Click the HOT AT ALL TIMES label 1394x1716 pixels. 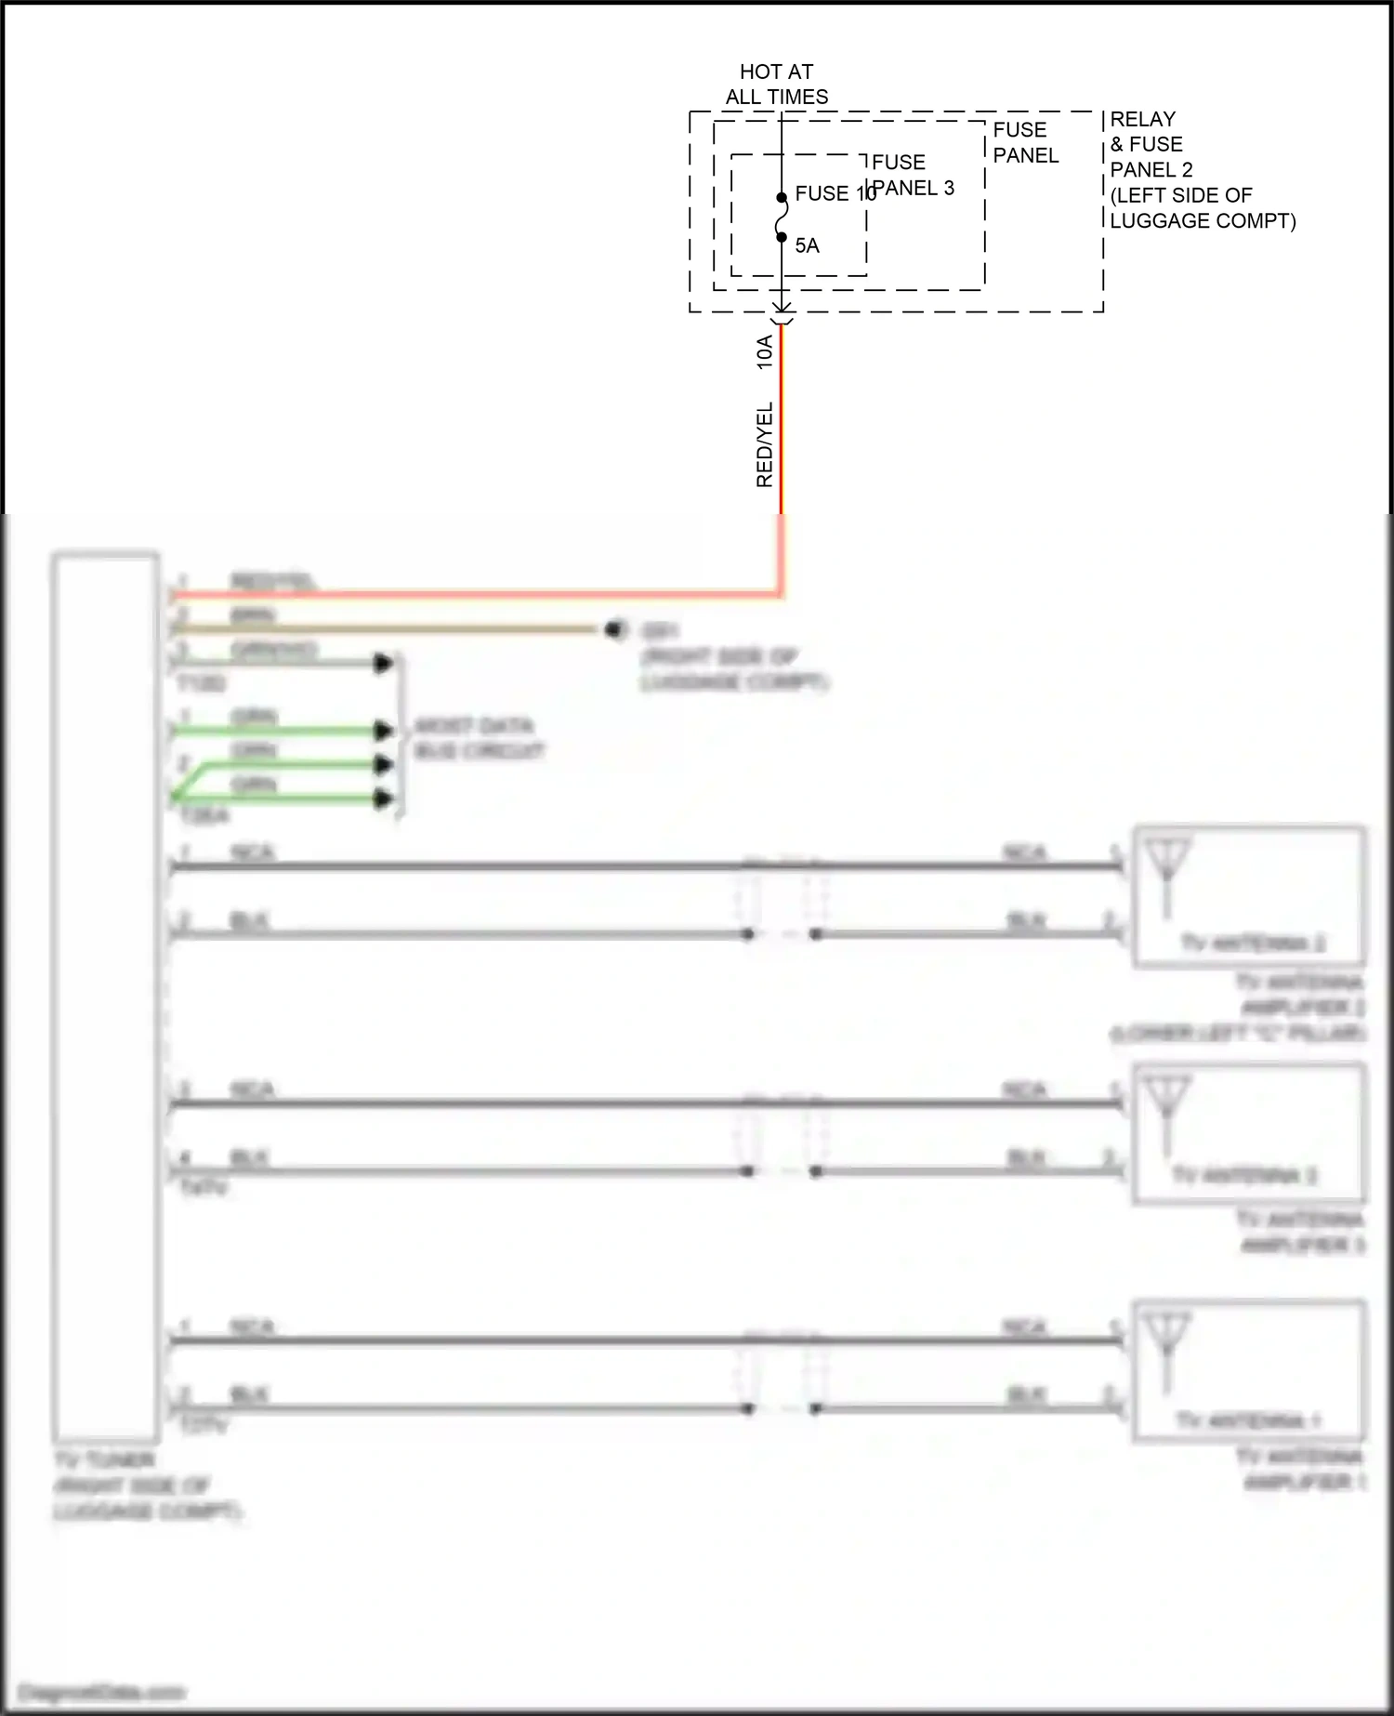pos(777,85)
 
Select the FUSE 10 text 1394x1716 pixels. pos(834,193)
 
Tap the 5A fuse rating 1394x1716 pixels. pos(807,245)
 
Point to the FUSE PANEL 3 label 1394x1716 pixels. pos(913,175)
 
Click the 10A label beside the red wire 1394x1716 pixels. pos(764,353)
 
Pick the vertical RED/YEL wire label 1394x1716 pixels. pos(764,444)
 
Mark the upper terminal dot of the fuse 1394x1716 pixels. pos(782,197)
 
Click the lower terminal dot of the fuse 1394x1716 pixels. pos(782,237)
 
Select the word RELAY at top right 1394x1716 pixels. pos(1142,119)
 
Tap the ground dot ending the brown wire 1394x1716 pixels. pos(612,629)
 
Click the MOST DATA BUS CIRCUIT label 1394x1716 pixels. pos(478,738)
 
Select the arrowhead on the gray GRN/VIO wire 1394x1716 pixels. pos(383,664)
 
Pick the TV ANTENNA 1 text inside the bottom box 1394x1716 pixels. pos(1247,1420)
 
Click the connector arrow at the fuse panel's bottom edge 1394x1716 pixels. pos(782,311)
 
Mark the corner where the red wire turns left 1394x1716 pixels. pos(781,593)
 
